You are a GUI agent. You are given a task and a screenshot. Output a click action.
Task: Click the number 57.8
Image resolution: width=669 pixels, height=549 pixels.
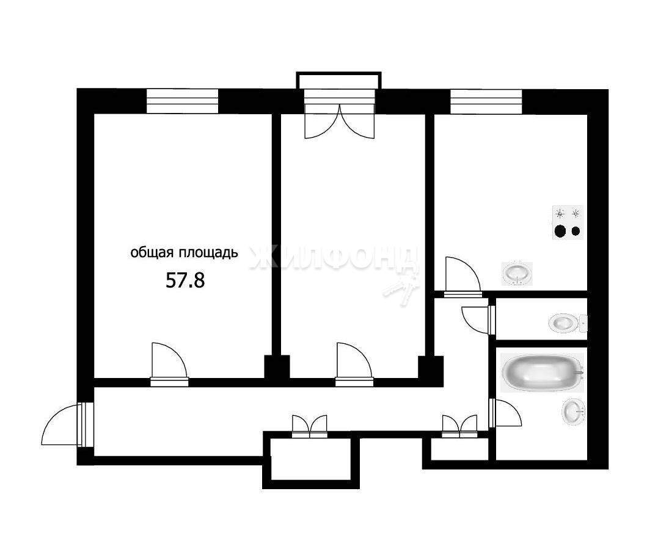tap(185, 280)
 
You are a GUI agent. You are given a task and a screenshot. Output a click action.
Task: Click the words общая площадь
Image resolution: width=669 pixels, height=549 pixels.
tap(184, 253)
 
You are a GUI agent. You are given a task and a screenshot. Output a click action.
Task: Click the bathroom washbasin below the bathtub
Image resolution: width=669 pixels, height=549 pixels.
tap(574, 412)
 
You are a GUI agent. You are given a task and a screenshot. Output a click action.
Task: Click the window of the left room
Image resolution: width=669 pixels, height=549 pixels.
tap(182, 101)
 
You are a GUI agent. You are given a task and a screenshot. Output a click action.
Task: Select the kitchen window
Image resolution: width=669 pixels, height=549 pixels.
tap(486, 101)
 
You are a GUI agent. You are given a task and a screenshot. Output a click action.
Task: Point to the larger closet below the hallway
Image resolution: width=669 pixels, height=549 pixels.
tap(312, 460)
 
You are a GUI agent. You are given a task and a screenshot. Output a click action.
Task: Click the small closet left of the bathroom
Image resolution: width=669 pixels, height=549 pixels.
tap(459, 449)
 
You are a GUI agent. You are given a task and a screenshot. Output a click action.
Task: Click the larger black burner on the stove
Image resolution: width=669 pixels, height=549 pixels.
tap(560, 231)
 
